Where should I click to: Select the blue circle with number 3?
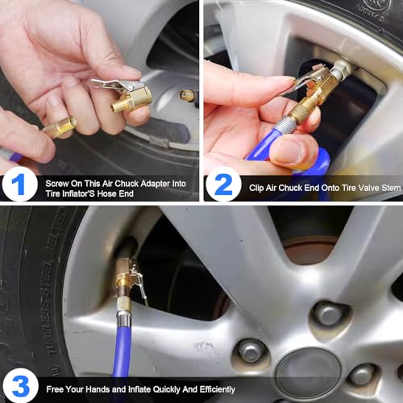[19, 384]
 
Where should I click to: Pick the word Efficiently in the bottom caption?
[210, 389]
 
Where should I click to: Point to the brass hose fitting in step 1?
[60, 127]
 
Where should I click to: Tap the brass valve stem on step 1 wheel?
[187, 96]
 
